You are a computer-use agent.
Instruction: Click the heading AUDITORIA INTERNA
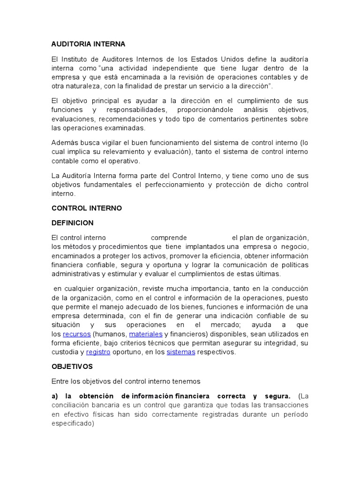pos(88,44)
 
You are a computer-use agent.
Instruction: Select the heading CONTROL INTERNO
pos(86,208)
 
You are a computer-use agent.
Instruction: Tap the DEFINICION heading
pos(72,223)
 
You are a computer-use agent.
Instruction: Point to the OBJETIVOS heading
pos(72,366)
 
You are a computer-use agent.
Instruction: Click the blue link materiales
pos(146,334)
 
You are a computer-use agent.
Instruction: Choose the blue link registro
pos(98,352)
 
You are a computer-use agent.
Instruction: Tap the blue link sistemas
pos(181,352)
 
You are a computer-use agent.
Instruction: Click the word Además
pos(63,143)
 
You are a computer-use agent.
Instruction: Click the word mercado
pos(232,325)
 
